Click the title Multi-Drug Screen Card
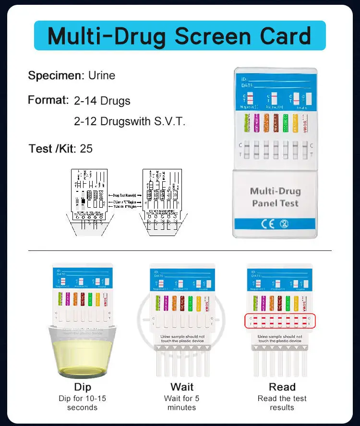click(x=180, y=36)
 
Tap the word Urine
click(x=102, y=75)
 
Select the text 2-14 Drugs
click(x=102, y=101)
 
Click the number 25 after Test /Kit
click(x=86, y=149)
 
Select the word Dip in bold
click(x=82, y=387)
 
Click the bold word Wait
click(x=182, y=387)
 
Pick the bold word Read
click(x=282, y=387)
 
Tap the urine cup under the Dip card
click(x=83, y=350)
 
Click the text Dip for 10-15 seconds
click(x=82, y=403)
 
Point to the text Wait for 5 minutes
click(x=182, y=403)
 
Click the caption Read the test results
click(x=282, y=403)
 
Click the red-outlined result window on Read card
click(x=280, y=321)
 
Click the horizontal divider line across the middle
click(x=180, y=250)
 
